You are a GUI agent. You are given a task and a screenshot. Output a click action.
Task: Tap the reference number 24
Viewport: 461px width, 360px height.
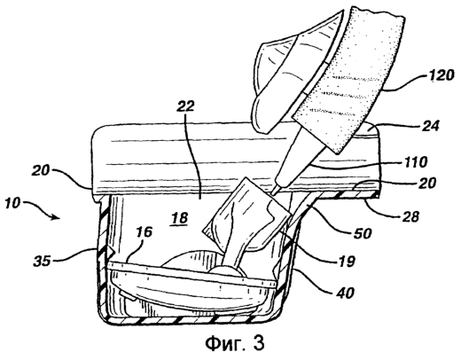429,125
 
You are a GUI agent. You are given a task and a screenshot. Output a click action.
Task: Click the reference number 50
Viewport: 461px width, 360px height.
361,233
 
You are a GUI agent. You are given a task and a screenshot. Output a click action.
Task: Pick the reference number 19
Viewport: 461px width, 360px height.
346,261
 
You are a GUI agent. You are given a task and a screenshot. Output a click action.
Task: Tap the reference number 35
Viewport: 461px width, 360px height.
43,261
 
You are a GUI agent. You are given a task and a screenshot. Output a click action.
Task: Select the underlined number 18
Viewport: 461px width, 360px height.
179,219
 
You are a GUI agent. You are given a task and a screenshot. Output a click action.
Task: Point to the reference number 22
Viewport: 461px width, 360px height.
185,106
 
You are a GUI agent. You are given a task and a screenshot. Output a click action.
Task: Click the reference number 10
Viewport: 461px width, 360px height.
13,204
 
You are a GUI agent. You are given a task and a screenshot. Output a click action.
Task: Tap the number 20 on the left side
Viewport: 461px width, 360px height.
41,170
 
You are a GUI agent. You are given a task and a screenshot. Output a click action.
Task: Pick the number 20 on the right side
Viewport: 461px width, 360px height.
426,183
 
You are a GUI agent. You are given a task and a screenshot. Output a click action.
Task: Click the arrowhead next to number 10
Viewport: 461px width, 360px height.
55,217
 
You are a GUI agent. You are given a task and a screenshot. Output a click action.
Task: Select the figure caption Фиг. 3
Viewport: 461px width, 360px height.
234,343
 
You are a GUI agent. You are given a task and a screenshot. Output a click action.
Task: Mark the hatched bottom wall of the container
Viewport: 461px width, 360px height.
189,319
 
